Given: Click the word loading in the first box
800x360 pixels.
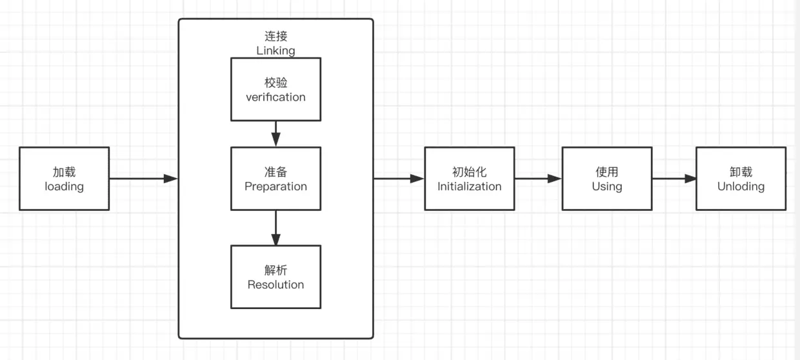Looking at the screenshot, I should [64, 186].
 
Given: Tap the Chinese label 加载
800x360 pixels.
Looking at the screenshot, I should [64, 172].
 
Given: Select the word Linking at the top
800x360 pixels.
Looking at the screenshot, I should [275, 50].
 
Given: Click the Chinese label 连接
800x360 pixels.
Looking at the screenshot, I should [275, 37].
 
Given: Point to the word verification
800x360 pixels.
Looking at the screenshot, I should [275, 97].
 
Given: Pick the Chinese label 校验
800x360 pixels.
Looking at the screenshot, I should [275, 83].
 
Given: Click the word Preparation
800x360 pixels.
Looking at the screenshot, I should [275, 186].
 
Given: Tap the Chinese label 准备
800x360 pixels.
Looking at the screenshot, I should [275, 172].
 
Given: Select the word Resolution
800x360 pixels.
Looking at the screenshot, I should [275, 285].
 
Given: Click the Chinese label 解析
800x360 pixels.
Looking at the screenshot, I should [275, 270].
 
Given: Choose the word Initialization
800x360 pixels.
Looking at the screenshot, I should [469, 186].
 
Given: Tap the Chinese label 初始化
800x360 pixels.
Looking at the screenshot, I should [469, 172].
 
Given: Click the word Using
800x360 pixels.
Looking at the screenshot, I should [606, 186].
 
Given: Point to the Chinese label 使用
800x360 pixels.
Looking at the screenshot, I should [606, 172].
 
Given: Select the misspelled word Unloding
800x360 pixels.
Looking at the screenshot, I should [741, 186].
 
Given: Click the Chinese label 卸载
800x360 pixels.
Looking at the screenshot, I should [741, 172].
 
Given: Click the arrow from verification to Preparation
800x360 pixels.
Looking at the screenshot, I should [276, 134].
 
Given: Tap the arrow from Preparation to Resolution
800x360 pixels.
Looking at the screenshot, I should [276, 228].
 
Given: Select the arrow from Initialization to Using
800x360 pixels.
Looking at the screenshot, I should [538, 179].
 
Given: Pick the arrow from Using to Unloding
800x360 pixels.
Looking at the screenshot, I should [674, 179].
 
